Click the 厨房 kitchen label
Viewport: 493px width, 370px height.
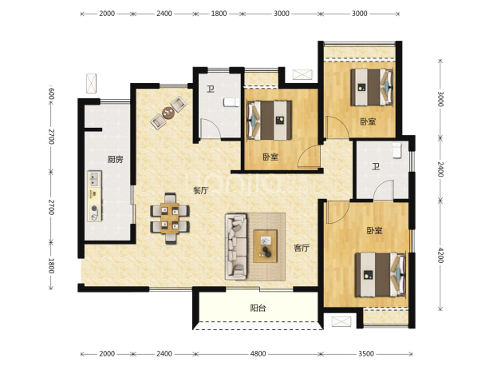(x=115, y=160)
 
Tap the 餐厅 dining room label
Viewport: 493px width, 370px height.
(x=201, y=190)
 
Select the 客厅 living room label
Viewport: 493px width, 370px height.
(x=302, y=249)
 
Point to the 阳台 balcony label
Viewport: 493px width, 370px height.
(x=258, y=308)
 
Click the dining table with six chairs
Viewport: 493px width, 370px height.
(x=170, y=218)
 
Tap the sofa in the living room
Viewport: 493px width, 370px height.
(x=236, y=247)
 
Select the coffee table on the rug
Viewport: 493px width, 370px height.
(x=266, y=246)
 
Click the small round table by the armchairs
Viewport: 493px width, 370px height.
(x=168, y=113)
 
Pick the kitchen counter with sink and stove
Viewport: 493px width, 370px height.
(x=95, y=196)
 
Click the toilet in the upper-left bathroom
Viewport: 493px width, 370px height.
(x=231, y=102)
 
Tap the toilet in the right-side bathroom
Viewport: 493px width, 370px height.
(x=397, y=150)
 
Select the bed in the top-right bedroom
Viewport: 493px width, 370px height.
(x=372, y=87)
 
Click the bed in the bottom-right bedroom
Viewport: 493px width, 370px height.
(x=381, y=275)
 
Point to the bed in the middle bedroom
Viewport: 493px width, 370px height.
(x=269, y=120)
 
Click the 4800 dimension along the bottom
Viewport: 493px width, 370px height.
(x=258, y=354)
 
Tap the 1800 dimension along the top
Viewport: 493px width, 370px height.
(x=219, y=14)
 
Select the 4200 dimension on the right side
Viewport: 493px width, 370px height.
(x=440, y=255)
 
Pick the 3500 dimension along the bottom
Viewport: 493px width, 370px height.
(x=366, y=354)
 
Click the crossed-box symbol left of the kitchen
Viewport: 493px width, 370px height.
(x=91, y=83)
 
